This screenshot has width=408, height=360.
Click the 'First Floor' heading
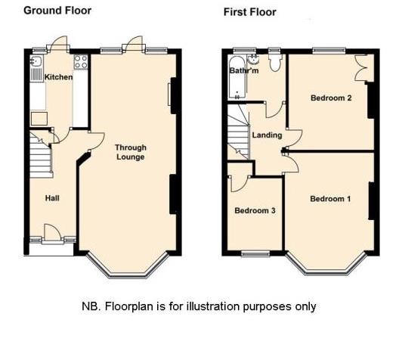250,12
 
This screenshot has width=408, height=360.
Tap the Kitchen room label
59,77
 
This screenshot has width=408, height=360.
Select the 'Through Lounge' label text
130,152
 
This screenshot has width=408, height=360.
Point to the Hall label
52,198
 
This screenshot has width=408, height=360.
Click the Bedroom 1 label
330,199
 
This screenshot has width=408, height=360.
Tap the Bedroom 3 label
255,210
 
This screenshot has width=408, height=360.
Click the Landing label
267,135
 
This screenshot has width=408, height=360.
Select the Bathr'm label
243,71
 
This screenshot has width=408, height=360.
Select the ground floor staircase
40,157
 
